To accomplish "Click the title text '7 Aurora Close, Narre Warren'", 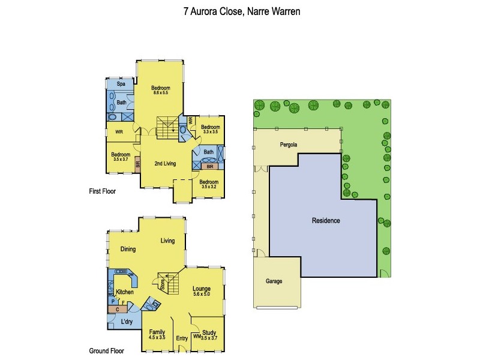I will tap(241, 11).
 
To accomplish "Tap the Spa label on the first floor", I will tap(121, 84).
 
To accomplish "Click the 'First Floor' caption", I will tap(102, 192).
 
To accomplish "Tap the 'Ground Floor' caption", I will tap(106, 352).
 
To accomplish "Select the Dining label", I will tap(128, 250).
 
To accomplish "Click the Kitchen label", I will tap(125, 292).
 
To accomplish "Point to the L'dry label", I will tap(127, 322).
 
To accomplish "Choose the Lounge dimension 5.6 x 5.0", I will tap(201, 295).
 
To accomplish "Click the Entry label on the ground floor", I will tap(182, 338).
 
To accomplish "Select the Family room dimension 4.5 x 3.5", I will tap(157, 338).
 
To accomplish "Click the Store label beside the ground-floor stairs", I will tap(163, 286).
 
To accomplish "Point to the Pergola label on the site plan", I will tap(289, 145).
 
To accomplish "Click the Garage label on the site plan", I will tap(274, 281).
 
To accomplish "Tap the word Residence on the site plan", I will tap(326, 221).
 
